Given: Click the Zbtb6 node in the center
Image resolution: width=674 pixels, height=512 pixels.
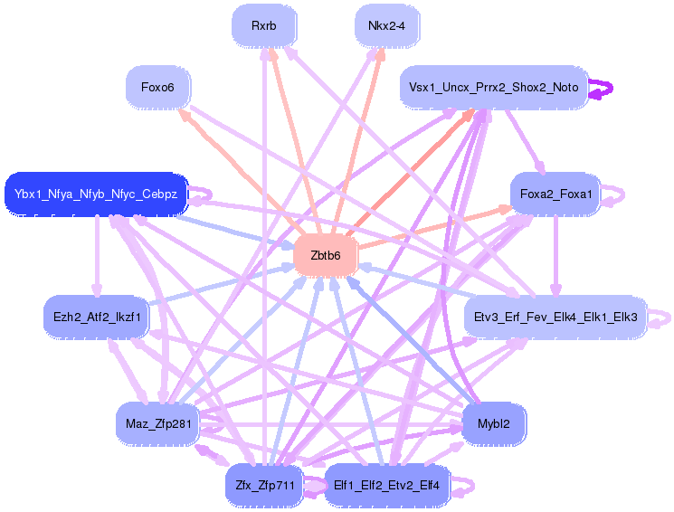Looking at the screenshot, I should coord(326,256).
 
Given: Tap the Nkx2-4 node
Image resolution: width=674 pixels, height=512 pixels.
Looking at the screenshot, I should coord(386,26).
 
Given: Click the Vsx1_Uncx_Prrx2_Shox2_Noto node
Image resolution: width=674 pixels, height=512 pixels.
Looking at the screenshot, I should coord(493,88).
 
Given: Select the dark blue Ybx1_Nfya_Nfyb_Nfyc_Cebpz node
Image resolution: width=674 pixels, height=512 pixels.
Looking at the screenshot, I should coord(96,194).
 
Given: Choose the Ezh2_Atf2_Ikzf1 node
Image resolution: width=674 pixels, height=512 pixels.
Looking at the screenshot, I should coord(96,317).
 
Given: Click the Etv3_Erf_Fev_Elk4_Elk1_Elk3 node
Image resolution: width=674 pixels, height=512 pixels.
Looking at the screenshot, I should coord(555,317).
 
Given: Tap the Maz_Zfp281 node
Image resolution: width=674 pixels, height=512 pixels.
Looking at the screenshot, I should coord(157,423).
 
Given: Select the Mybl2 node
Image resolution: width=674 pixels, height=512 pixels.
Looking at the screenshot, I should coord(494,423).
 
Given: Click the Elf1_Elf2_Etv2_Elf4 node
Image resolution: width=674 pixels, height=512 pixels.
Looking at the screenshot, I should coord(386,485).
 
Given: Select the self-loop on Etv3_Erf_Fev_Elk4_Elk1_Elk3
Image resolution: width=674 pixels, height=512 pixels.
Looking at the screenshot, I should coord(662,317).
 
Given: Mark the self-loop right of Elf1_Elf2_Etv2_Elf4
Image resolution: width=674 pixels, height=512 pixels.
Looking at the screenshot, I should coord(463,485).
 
